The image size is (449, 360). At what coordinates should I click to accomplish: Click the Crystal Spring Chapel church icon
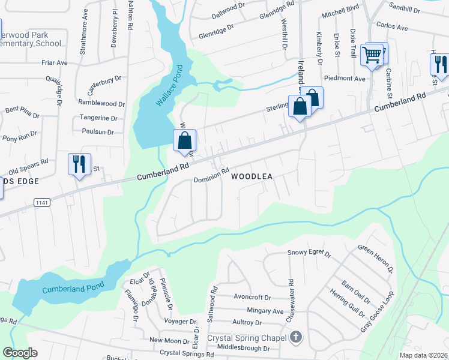[295, 338]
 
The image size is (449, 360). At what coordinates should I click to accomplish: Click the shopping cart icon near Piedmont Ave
[372, 56]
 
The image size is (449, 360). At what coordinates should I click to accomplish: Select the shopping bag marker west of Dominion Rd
[185, 142]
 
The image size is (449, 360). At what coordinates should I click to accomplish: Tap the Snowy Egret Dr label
[310, 253]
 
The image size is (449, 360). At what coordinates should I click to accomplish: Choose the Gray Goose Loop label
[378, 313]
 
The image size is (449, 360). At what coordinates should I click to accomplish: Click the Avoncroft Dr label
[253, 297]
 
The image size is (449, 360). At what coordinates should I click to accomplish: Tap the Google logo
[20, 353]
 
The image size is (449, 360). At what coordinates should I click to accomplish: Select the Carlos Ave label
[392, 28]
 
